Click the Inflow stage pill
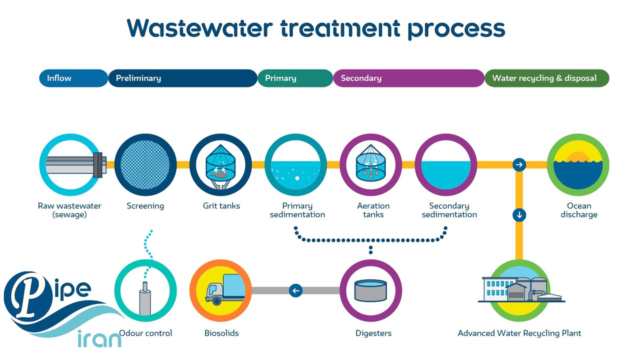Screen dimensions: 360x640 click(x=73, y=78)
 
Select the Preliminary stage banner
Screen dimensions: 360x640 click(x=182, y=78)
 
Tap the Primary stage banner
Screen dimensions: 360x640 click(x=295, y=78)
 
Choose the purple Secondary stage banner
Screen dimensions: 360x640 click(x=408, y=78)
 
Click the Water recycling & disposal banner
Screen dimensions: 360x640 click(x=546, y=78)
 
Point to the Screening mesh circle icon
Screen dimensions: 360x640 click(x=145, y=164)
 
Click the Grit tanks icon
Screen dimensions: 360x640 click(x=220, y=164)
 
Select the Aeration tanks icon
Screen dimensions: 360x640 click(x=370, y=164)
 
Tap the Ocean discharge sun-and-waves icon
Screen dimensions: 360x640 click(x=578, y=164)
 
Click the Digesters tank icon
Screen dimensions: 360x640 click(x=370, y=290)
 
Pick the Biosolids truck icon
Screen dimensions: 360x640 click(x=220, y=290)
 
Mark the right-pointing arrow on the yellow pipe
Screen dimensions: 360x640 click(x=519, y=164)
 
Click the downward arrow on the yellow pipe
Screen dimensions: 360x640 click(x=519, y=215)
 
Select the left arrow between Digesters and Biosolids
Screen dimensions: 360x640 click(x=295, y=290)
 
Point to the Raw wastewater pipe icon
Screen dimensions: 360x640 click(x=70, y=164)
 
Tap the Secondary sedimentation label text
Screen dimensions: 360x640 click(x=449, y=210)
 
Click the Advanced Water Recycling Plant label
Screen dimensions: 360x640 click(x=519, y=333)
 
